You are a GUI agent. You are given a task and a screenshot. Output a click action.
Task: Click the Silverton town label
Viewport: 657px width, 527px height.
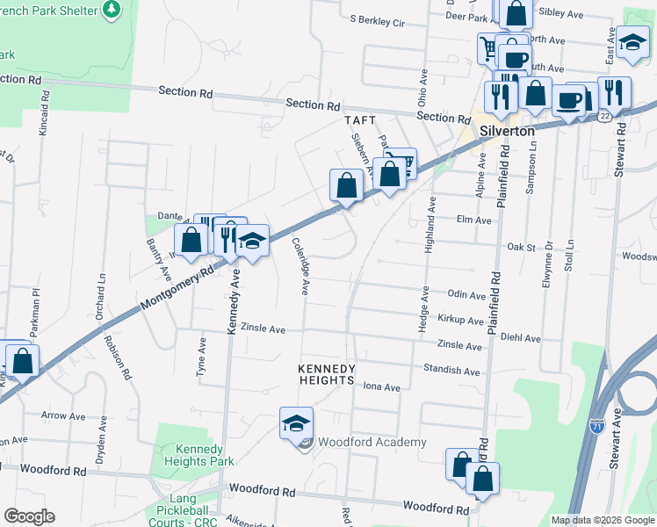pos(508,130)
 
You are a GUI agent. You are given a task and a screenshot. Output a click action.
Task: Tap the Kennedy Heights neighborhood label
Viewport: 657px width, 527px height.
pos(327,374)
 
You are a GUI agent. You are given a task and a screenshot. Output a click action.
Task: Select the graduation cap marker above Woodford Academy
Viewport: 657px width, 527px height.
pos(297,423)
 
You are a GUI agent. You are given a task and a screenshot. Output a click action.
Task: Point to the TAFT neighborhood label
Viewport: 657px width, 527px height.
pos(360,120)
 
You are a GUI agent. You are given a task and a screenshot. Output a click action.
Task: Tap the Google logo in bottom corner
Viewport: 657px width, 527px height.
pos(29,516)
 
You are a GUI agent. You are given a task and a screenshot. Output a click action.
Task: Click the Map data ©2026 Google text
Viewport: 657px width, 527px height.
pos(602,520)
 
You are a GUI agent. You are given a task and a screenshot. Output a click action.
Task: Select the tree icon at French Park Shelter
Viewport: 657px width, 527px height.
pos(112,11)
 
